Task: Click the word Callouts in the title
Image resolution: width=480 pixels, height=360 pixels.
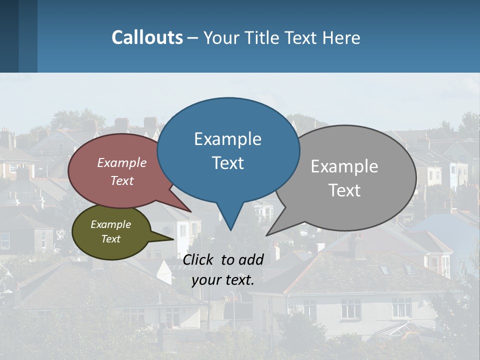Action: pyautogui.click(x=147, y=37)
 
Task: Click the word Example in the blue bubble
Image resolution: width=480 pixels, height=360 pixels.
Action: pyautogui.click(x=227, y=139)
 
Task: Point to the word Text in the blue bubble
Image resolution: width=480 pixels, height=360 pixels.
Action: pyautogui.click(x=227, y=163)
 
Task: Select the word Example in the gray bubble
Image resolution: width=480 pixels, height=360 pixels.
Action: pyautogui.click(x=344, y=166)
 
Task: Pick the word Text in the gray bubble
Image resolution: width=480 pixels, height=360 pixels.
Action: pyautogui.click(x=345, y=190)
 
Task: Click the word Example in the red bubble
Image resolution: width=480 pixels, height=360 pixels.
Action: pyautogui.click(x=121, y=162)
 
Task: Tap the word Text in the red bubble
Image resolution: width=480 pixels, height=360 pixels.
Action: pyautogui.click(x=121, y=180)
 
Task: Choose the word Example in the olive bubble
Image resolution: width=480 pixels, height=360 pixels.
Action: pyautogui.click(x=110, y=224)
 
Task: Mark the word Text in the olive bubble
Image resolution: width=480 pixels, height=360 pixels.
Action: pyautogui.click(x=110, y=239)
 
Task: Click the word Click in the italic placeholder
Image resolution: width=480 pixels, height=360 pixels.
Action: pyautogui.click(x=199, y=259)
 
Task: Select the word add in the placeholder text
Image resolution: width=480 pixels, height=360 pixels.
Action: pyautogui.click(x=250, y=259)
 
